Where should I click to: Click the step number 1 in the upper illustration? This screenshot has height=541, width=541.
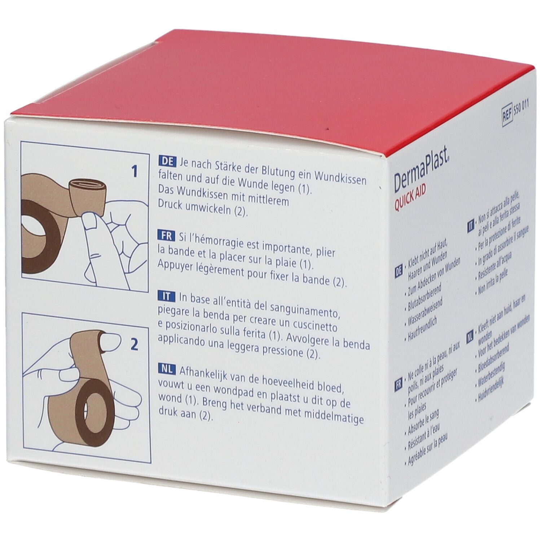[x=135, y=172]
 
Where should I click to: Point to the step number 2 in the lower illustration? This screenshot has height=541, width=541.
[x=134, y=345]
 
